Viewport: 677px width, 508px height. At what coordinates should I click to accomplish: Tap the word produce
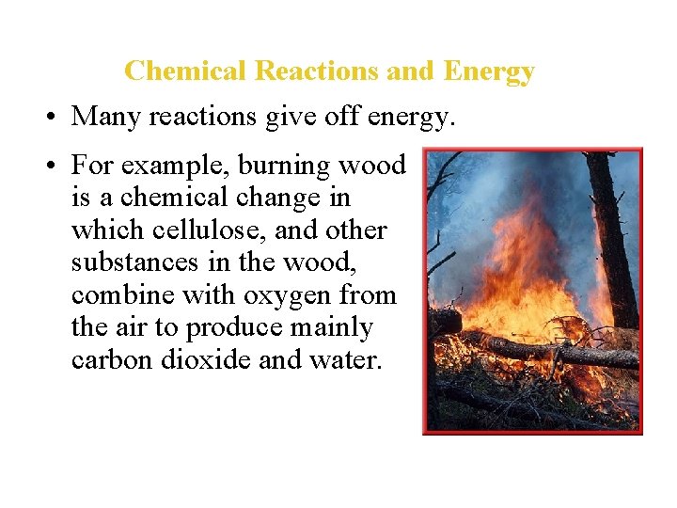pyautogui.click(x=232, y=328)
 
